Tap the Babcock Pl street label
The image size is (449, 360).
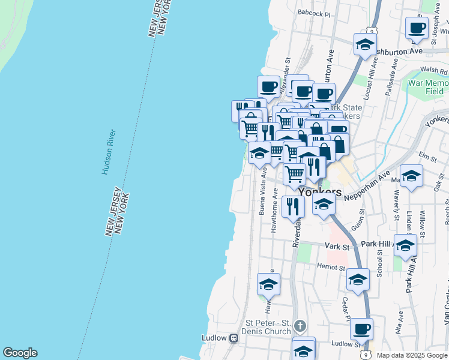[x=313, y=13]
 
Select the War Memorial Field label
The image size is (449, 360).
[x=427, y=87]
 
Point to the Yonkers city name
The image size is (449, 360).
[x=319, y=193]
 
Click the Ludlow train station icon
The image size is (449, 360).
[x=234, y=338]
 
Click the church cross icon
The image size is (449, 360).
[x=300, y=327]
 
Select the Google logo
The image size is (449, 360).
[x=20, y=353]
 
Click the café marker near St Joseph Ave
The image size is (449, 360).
[x=417, y=28]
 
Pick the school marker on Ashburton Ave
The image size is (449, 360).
[x=364, y=44]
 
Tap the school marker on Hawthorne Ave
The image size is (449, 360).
[x=268, y=284]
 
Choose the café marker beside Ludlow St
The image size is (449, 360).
[x=361, y=329]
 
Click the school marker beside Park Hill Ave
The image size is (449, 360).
[x=406, y=245]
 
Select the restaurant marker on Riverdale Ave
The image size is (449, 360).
[x=293, y=206]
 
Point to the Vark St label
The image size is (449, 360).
[x=337, y=246]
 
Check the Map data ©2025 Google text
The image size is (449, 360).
[x=412, y=355]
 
